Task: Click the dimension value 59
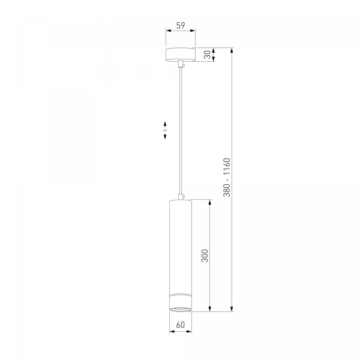[x=181, y=25]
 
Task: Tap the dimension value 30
[x=208, y=55]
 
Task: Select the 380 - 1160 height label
[x=227, y=178]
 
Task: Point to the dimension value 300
[x=205, y=256]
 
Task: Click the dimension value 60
[x=181, y=325]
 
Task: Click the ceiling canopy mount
[x=181, y=55]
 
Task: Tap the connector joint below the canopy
[x=181, y=64]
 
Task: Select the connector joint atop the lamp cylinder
[x=181, y=197]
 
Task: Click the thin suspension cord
[x=181, y=131]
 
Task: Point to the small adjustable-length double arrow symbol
[x=165, y=130]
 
